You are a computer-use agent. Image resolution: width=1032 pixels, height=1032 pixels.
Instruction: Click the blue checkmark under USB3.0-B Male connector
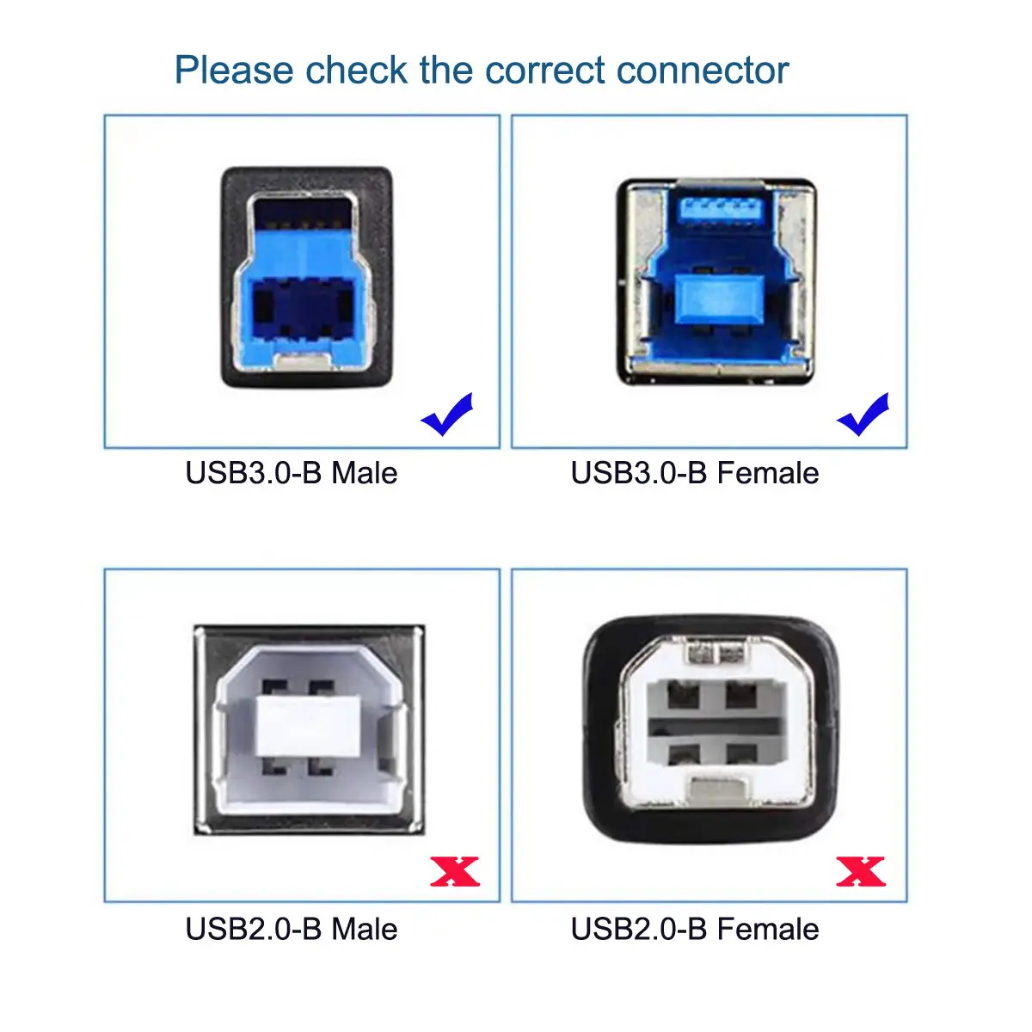coord(447,415)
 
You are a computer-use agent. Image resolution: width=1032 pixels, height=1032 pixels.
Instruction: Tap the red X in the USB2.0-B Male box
coord(455,872)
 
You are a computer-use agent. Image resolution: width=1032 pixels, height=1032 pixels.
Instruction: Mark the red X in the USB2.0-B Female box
coord(861,872)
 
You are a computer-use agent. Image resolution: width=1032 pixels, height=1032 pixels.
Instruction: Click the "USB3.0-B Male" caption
coord(292,473)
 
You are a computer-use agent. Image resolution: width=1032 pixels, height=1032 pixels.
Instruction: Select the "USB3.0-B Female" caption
coord(695,473)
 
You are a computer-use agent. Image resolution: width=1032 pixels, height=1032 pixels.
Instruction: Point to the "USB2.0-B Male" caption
coord(292,930)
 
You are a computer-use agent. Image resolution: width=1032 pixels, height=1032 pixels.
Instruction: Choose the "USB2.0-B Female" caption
coord(695,930)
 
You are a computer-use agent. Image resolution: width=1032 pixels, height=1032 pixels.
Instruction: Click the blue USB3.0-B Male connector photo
coord(308,277)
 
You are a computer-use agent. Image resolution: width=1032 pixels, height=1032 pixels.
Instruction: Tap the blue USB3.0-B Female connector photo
coord(716,282)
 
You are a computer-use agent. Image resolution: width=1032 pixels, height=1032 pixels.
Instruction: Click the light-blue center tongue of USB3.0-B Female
coord(716,298)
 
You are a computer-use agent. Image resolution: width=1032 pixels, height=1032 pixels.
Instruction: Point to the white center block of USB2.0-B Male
coord(308,725)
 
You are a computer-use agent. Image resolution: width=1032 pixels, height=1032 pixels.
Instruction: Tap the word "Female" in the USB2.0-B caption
coord(768,930)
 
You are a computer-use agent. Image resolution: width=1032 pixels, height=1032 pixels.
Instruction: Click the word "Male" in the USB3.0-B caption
coord(365,473)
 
